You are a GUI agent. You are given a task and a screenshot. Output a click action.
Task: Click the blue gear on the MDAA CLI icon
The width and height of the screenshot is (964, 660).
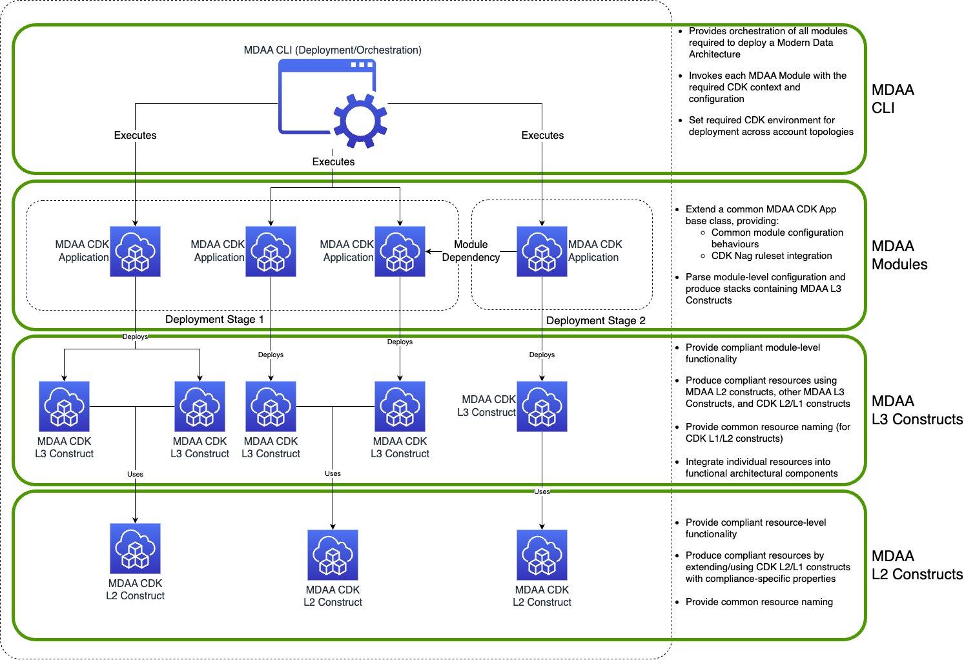pos(360,121)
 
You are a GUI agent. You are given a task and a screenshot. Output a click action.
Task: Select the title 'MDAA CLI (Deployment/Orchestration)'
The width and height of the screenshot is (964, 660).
pos(333,50)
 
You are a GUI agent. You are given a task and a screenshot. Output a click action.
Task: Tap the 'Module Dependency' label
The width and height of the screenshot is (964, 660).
pos(471,251)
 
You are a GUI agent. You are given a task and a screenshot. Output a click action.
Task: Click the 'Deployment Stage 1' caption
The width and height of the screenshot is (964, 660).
pos(214,320)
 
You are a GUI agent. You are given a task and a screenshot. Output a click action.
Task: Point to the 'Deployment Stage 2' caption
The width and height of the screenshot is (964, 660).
pos(595,321)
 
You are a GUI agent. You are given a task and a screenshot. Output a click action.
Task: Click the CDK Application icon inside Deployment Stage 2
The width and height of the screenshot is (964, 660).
pos(542,251)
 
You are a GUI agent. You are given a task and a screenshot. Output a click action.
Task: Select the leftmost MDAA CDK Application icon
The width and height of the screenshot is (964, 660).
pos(135,251)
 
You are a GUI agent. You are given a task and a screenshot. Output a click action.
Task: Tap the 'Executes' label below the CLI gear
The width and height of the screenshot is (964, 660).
pos(333,162)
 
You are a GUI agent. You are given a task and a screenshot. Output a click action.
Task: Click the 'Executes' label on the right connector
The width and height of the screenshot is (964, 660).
pos(542,136)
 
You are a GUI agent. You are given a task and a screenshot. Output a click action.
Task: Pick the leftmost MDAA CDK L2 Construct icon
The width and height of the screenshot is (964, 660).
pos(135,548)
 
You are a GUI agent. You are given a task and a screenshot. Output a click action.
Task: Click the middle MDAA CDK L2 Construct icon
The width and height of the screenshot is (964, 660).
pos(333,555)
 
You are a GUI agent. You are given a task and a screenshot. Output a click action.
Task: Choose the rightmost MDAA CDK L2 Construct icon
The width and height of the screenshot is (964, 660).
pos(542,555)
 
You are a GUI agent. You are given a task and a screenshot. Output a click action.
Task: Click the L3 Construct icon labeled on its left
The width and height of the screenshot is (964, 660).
pos(542,406)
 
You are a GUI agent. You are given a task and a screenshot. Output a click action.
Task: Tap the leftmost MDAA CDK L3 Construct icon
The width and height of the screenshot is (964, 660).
pos(64,406)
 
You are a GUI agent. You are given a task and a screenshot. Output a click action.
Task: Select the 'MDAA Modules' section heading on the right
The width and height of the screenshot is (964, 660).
pos(899,255)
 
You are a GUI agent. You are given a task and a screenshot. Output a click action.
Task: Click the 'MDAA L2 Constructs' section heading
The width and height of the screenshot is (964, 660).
pos(916,565)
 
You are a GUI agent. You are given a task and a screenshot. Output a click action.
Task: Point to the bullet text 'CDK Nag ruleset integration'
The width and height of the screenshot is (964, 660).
pos(772,256)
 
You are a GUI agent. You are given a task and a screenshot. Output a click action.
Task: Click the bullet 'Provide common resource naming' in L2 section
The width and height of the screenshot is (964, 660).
pos(759,602)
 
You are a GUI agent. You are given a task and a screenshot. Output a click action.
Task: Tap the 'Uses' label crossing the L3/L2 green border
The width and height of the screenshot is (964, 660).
pos(542,491)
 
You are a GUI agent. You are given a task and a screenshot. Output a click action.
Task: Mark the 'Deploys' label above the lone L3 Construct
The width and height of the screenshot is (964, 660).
pos(542,355)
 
